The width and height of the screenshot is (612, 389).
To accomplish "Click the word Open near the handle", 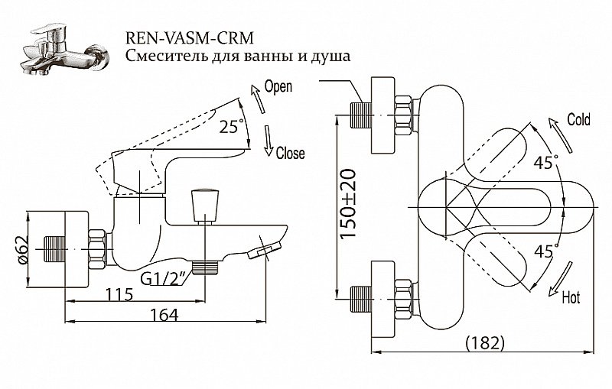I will pyautogui.click(x=277, y=86).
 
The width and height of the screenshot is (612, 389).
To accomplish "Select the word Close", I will pyautogui.click(x=290, y=153).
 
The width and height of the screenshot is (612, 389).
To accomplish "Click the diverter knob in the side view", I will pyautogui.click(x=203, y=203).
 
